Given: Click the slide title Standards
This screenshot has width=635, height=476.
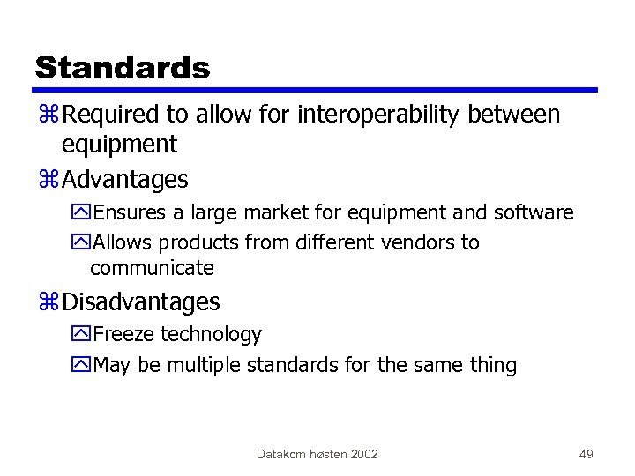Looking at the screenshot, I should [x=122, y=67].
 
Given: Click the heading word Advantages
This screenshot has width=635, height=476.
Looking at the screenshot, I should [x=125, y=180].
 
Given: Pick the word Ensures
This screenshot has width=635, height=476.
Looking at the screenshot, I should [x=127, y=213].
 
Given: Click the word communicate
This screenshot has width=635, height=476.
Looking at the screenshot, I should [x=152, y=268].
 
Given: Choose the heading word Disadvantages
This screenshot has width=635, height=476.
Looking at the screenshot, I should [x=141, y=302].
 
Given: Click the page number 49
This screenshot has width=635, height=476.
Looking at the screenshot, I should [x=586, y=454].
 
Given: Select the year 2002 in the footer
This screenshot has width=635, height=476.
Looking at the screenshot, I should [x=363, y=454].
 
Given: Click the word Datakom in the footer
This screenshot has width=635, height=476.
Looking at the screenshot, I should [x=280, y=454].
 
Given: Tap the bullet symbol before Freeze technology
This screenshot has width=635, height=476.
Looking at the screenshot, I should [x=83, y=336].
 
